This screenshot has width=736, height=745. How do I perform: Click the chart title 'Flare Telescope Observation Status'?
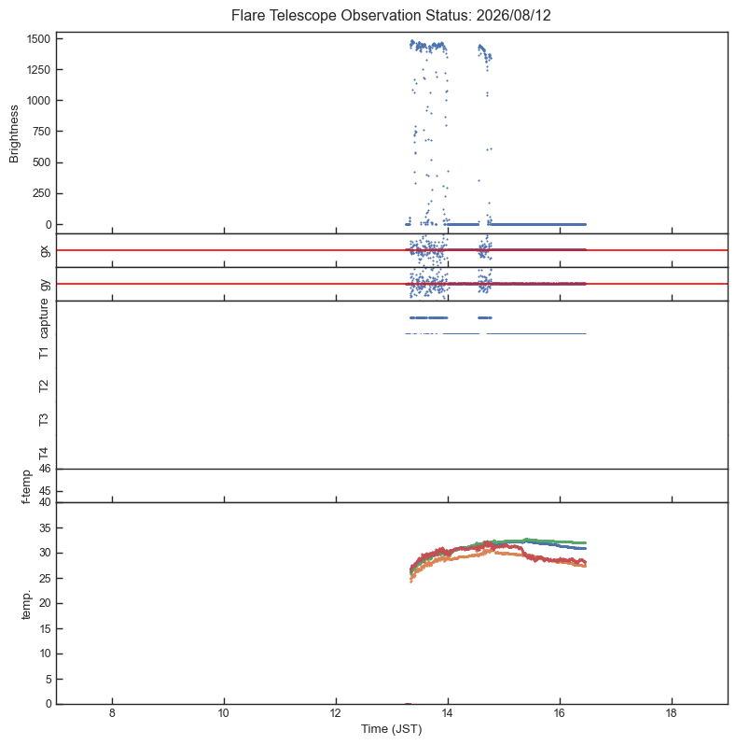[x=352, y=15]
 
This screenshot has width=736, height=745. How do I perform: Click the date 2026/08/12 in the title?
[x=513, y=15]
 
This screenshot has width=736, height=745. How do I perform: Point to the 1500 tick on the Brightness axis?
[x=39, y=39]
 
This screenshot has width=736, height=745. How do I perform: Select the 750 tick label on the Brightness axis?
[x=42, y=132]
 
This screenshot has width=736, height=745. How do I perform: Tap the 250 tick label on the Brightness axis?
[x=42, y=193]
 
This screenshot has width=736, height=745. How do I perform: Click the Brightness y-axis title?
[x=14, y=134]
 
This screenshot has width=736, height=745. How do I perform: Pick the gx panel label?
[x=45, y=250]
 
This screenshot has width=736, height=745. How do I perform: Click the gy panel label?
[x=45, y=285]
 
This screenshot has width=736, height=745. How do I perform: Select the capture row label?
[x=44, y=318]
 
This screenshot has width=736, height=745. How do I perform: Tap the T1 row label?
[x=44, y=353]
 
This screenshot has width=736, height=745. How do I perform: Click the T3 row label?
[x=44, y=419]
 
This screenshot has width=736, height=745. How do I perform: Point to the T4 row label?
[x=44, y=454]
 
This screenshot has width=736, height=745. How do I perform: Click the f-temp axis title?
[x=26, y=486]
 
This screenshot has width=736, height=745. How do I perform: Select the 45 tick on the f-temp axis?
[x=45, y=491]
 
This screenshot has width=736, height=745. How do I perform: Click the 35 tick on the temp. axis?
[x=45, y=527]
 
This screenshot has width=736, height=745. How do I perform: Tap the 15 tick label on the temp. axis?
[x=45, y=628]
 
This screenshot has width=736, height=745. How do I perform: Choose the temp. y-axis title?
[x=26, y=605]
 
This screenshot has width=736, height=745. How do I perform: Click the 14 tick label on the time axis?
[x=448, y=713]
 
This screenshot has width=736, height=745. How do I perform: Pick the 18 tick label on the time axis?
[x=672, y=713]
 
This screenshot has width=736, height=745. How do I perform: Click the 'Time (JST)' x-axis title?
[x=391, y=729]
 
